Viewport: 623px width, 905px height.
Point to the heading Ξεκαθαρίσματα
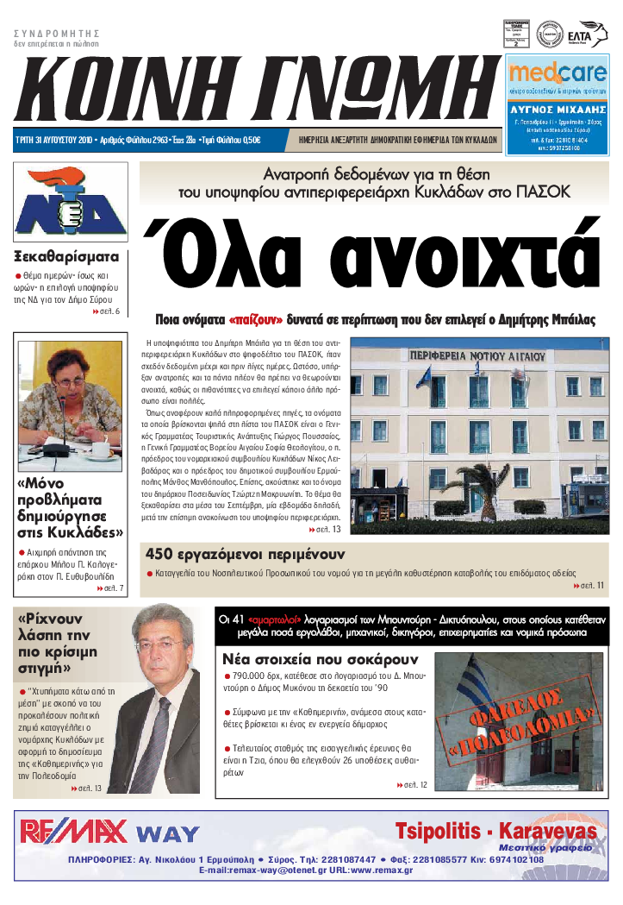66,256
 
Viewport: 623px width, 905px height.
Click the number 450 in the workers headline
164,554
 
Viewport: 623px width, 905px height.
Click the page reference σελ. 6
109,311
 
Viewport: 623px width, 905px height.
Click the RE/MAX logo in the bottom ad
74,831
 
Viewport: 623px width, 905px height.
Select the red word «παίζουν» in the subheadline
256,318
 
